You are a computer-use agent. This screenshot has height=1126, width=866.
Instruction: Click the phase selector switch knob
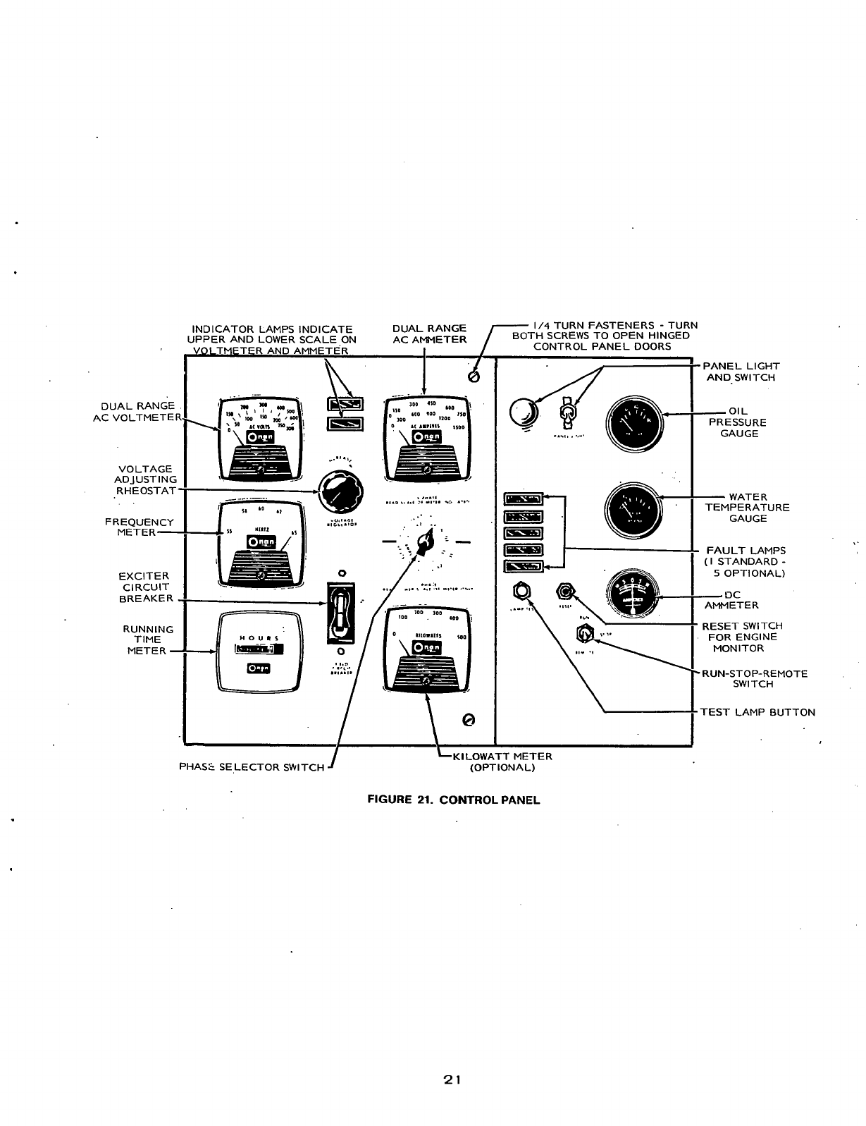pyautogui.click(x=425, y=542)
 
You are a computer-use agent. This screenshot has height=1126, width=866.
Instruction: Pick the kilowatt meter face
pyautogui.click(x=427, y=647)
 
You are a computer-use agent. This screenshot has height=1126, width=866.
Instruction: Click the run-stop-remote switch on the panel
pyautogui.click(x=584, y=635)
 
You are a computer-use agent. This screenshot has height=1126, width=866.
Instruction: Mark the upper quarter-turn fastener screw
pyautogui.click(x=474, y=378)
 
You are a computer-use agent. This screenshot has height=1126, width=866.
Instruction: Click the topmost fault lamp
pyautogui.click(x=524, y=501)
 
